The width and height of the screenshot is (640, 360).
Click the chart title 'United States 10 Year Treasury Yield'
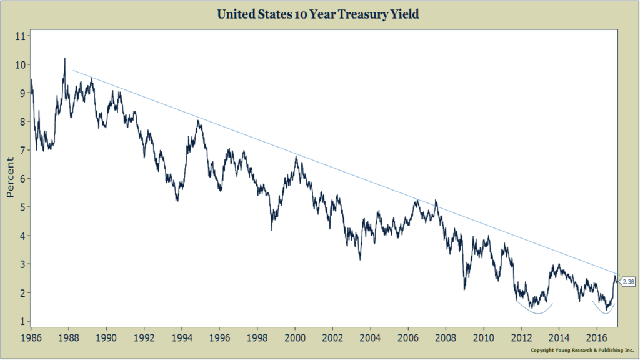319,13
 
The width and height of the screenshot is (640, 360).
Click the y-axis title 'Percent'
10,178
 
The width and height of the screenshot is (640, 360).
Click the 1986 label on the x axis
31,338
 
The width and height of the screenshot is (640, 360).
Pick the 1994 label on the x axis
182,338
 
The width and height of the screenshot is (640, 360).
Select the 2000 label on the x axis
295,338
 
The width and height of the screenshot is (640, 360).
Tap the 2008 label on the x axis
446,338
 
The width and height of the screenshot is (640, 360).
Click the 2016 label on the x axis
597,338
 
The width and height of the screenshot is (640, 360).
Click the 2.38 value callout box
627,282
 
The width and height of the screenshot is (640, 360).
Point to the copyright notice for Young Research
582,350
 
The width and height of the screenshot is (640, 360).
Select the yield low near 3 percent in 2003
360,259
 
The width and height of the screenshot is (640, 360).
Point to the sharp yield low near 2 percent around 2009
464,289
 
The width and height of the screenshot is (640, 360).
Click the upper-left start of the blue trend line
74,70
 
